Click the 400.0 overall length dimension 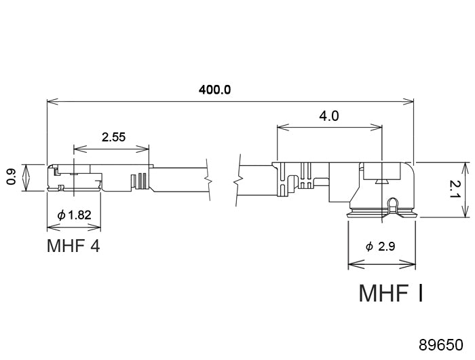[x=214, y=90]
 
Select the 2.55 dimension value [x=113, y=137]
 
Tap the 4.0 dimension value [x=329, y=116]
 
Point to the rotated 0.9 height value [x=12, y=177]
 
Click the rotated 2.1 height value [x=455, y=190]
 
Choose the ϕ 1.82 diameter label [x=74, y=215]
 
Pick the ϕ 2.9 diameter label [x=380, y=247]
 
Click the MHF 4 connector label [x=73, y=246]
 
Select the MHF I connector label [x=391, y=293]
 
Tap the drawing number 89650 [x=441, y=345]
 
